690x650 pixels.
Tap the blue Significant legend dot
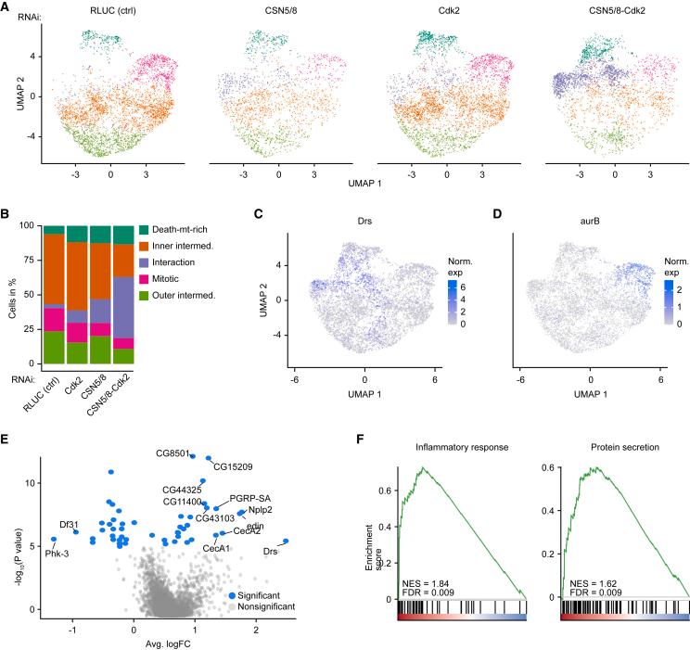pyautogui.click(x=231, y=594)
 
